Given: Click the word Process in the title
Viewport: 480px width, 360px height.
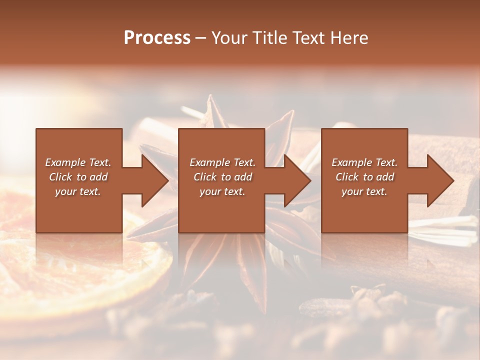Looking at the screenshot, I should (157, 38).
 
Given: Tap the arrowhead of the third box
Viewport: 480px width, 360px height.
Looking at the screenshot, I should (439, 180).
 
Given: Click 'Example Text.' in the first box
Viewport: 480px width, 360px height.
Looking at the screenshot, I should (78, 162).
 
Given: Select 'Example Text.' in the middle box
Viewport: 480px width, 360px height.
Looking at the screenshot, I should (222, 162).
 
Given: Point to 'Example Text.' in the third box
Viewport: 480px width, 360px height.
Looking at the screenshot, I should (364, 162).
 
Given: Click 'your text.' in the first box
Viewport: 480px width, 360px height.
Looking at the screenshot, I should (78, 191).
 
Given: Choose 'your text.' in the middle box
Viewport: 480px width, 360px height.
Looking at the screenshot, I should (222, 191).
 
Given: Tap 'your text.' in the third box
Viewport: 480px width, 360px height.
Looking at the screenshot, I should (364, 191).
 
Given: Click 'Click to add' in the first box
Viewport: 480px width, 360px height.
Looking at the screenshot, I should (78, 177).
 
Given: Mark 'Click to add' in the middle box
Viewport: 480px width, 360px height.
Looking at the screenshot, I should (222, 177).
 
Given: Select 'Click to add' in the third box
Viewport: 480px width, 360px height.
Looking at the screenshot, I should (364, 177).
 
